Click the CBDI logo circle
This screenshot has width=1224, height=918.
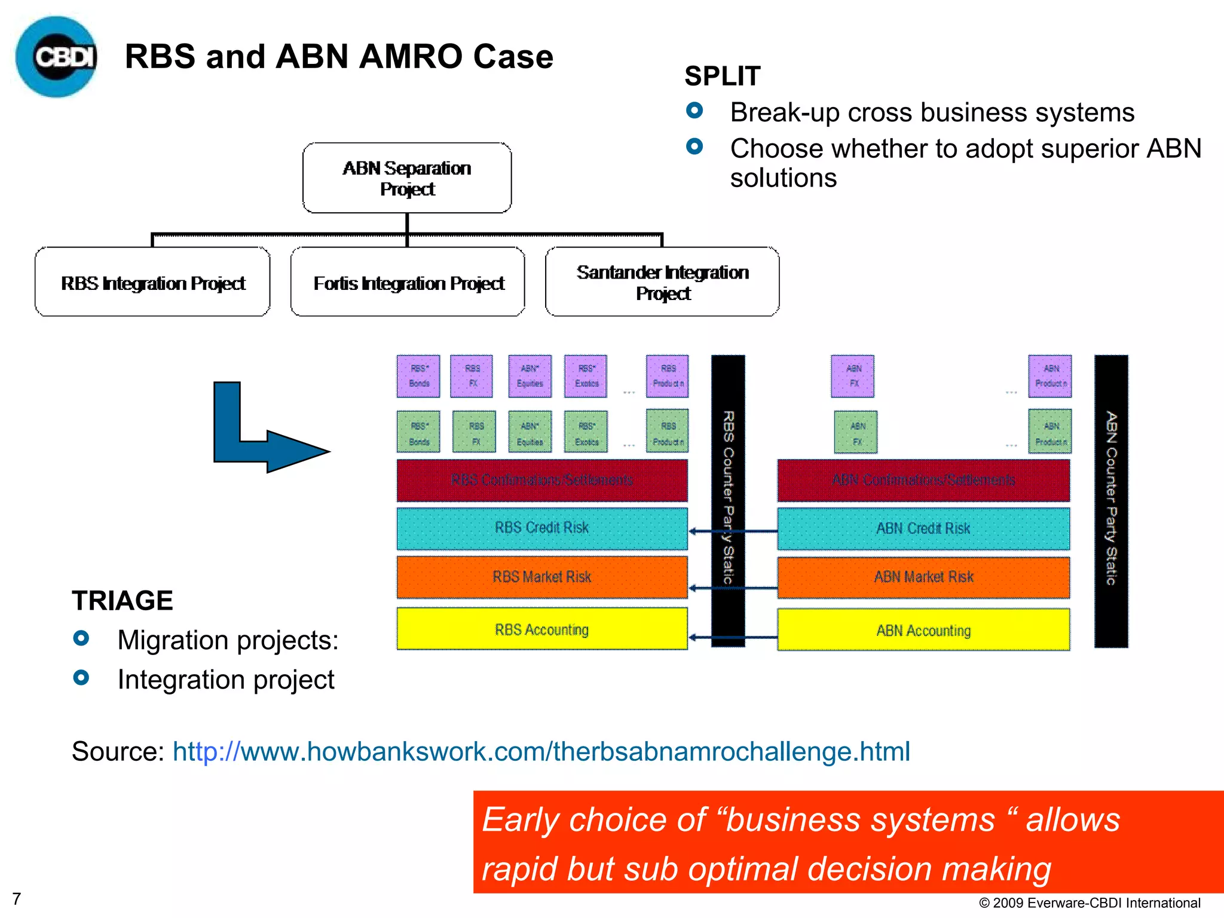[x=57, y=57]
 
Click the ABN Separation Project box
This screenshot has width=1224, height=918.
[x=407, y=178]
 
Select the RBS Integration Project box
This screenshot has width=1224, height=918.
[x=153, y=282]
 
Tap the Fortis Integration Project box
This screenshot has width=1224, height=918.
[x=408, y=282]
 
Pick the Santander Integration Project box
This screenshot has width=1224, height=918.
[x=662, y=282]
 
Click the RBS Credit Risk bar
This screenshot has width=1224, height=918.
[x=541, y=528]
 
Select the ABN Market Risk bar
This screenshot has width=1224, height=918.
[x=923, y=577]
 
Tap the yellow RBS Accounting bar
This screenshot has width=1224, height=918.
[x=541, y=629]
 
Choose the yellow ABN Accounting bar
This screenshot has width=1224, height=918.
[x=923, y=631]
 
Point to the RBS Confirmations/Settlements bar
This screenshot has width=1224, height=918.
[x=541, y=480]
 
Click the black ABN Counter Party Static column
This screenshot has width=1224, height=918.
[x=1111, y=501]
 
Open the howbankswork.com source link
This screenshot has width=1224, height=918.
[x=541, y=751]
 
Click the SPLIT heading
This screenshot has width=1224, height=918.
[x=722, y=76]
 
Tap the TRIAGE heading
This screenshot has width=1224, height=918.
[x=123, y=601]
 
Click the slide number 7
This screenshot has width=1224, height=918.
[x=17, y=898]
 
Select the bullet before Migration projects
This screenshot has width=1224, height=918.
[x=81, y=638]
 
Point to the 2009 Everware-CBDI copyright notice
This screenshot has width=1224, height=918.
[x=1090, y=902]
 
